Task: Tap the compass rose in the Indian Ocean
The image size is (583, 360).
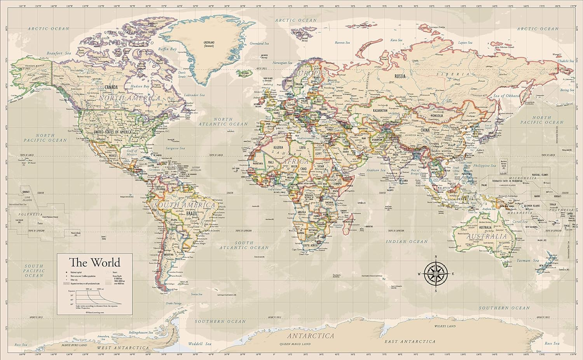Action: click(x=436, y=274)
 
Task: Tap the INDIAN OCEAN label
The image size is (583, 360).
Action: click(x=407, y=241)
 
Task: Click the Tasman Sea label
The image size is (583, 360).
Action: click(x=527, y=260)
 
